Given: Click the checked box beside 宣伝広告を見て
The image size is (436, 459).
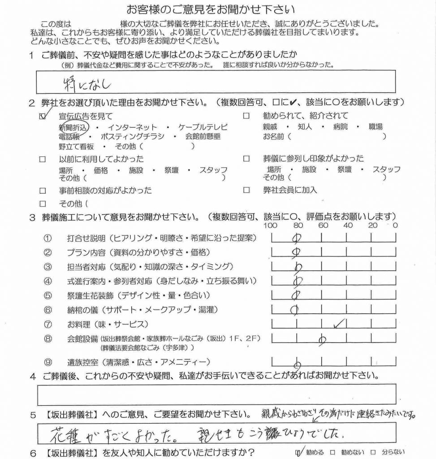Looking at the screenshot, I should (43, 116).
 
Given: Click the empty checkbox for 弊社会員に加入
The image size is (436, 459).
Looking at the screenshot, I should (246, 190).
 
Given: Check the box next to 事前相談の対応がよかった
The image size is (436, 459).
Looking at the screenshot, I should (43, 191).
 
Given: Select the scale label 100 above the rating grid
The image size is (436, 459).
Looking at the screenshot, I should (271, 225).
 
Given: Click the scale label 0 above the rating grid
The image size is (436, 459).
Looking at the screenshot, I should (395, 225).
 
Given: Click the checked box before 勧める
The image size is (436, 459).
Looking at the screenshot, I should (299, 451).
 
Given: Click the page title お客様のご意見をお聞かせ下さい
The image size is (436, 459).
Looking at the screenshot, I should (217, 9).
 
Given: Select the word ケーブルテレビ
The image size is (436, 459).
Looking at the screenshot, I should (203, 127).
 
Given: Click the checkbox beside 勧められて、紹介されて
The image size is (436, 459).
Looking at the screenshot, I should (246, 116).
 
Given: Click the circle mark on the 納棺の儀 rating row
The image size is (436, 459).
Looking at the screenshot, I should (294, 309).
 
